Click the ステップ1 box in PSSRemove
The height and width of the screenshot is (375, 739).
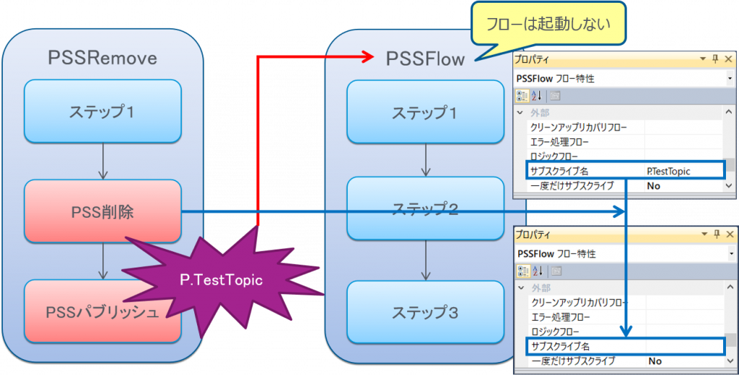(x=102, y=112)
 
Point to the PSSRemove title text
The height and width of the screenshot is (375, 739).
(x=102, y=58)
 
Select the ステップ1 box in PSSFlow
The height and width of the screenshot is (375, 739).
(x=424, y=112)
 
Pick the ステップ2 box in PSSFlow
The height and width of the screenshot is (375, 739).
(x=424, y=209)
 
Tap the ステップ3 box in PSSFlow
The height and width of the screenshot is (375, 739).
(x=424, y=312)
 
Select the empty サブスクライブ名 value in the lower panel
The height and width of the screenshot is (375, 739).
(x=682, y=346)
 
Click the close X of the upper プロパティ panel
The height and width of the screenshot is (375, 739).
(x=728, y=58)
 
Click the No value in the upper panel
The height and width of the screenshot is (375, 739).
(x=654, y=185)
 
